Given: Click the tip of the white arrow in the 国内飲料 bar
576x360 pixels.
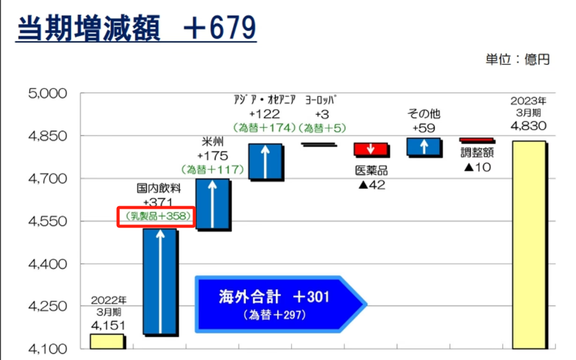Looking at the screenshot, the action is pyautogui.click(x=160, y=231).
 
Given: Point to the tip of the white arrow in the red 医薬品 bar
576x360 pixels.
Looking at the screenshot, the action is pyautogui.click(x=370, y=153).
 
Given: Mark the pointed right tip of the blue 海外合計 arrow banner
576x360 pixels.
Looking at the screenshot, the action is pyautogui.click(x=366, y=304).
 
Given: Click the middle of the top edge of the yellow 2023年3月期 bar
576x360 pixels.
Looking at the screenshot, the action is pyautogui.click(x=529, y=141).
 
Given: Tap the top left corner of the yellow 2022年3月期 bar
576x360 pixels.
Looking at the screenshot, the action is pyautogui.click(x=91, y=334).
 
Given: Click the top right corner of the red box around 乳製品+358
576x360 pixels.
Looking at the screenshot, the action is pyautogui.click(x=194, y=207).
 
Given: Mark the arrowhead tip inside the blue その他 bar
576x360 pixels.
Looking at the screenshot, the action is pyautogui.click(x=424, y=139).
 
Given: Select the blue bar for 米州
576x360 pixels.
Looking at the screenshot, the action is pyautogui.click(x=212, y=204).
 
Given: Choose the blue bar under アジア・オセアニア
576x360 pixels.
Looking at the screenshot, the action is pyautogui.click(x=266, y=161).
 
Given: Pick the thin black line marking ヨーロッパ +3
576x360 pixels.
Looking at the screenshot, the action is pyautogui.click(x=318, y=144).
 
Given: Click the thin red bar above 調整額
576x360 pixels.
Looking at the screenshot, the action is pyautogui.click(x=477, y=140).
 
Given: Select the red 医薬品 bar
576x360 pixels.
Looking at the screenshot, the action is pyautogui.click(x=370, y=149).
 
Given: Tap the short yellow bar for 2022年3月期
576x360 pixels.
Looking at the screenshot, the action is pyautogui.click(x=107, y=341).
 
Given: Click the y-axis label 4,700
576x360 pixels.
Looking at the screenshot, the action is pyautogui.click(x=47, y=179).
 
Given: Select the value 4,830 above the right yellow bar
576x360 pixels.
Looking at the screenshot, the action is pyautogui.click(x=529, y=126).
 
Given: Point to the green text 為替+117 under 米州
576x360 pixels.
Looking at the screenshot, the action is pyautogui.click(x=212, y=169).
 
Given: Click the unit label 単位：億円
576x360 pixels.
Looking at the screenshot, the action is pyautogui.click(x=518, y=59).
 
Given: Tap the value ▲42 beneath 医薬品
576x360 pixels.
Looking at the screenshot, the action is pyautogui.click(x=372, y=185).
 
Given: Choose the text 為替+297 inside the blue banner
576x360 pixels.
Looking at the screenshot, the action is pyautogui.click(x=275, y=315).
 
